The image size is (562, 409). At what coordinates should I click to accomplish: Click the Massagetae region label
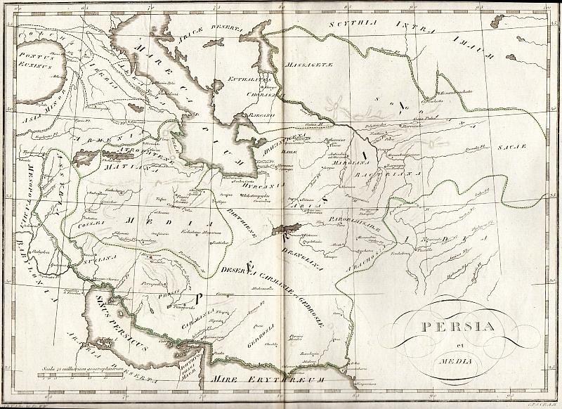pyautogui.click(x=303, y=67)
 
